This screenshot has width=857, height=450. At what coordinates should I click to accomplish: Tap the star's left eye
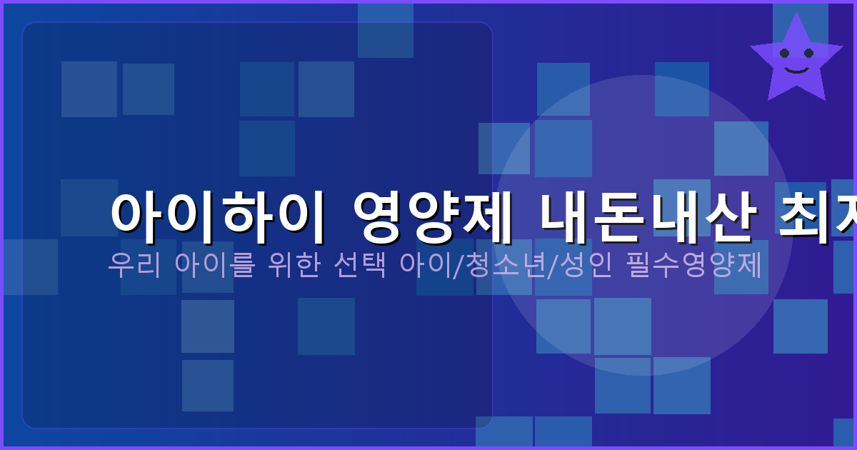pos(784,53)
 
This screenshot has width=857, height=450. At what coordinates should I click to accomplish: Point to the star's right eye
pos(808,53)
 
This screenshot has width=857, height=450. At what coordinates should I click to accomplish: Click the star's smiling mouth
pos(796,69)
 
